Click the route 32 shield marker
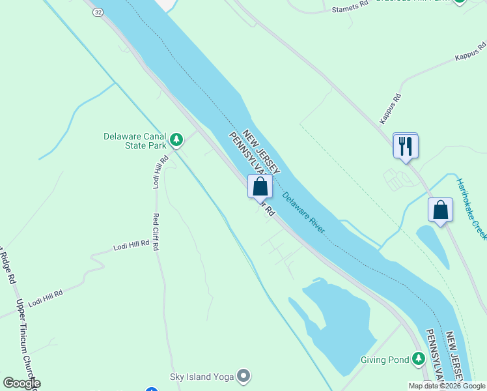[98, 12]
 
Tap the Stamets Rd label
[350, 9]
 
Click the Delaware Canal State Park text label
[135, 141]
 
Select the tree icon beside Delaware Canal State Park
[176, 139]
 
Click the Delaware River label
[303, 214]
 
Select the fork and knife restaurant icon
[406, 145]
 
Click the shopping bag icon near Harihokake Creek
[441, 210]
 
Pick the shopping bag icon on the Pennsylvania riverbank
[260, 186]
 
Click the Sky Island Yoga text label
[201, 375]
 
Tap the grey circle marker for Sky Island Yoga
[244, 375]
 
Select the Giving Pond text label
[385, 359]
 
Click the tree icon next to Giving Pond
[419, 358]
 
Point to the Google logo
[21, 383]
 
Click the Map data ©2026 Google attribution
[446, 386]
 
